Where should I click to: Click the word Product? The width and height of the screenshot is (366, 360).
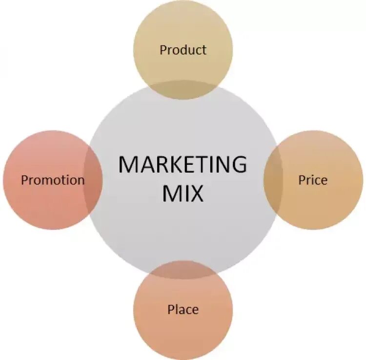183,50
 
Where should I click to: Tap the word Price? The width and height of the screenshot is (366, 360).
313,180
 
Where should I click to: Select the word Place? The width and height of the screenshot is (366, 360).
183,309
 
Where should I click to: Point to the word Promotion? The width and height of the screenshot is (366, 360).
53,180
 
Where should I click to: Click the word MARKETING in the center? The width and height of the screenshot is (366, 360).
183,165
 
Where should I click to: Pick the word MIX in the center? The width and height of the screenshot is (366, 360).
183,193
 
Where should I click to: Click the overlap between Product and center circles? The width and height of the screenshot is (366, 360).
183,90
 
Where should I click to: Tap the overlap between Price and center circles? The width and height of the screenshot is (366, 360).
273,180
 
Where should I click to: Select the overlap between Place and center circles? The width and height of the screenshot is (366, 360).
183,270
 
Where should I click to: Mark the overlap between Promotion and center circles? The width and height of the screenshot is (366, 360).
93,180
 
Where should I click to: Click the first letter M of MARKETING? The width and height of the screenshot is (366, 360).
128,165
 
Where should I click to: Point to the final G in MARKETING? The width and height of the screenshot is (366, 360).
238,165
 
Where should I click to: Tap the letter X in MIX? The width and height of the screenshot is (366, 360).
195,193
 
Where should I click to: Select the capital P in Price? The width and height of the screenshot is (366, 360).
302,180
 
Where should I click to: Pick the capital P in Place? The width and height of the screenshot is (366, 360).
171,309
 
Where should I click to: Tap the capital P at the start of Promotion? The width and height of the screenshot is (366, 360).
24,180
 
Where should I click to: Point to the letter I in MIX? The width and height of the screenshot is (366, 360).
183,193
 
